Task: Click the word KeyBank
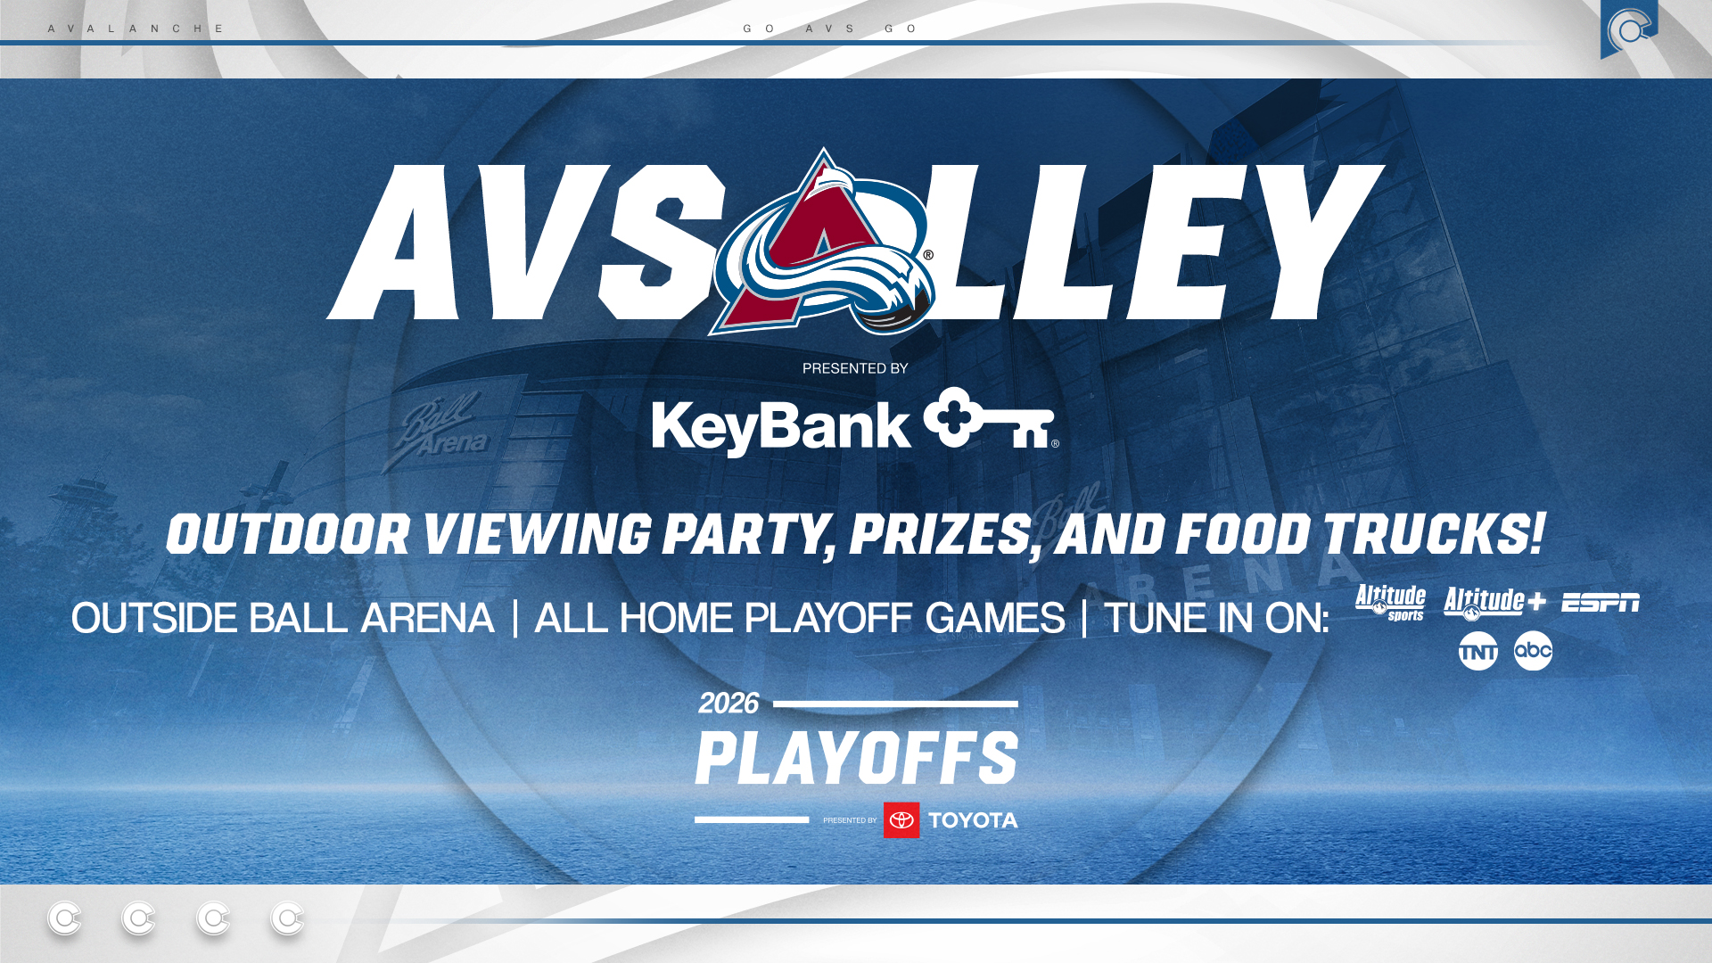point(780,427)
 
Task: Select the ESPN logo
point(1600,604)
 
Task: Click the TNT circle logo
point(1477,652)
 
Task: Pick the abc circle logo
point(1533,651)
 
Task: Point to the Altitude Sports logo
point(1390,603)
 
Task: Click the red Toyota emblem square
point(901,820)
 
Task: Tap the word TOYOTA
point(973,820)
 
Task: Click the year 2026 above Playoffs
point(728,704)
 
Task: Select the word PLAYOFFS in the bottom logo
point(856,758)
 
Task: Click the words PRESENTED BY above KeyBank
point(854,368)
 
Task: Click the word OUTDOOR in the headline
point(287,535)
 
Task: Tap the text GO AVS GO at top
point(830,29)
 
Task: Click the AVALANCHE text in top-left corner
point(136,29)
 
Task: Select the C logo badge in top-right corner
point(1628,29)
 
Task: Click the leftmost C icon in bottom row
point(64,918)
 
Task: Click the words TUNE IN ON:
point(1216,618)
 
